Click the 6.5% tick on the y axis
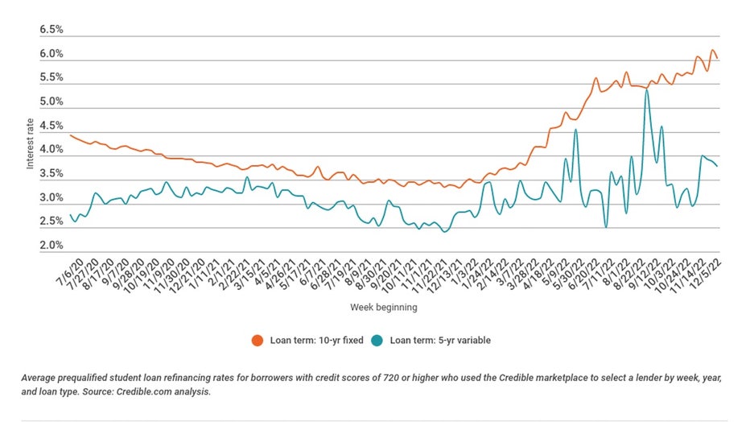[x=52, y=30]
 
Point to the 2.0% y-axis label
[x=52, y=246]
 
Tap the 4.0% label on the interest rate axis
[x=52, y=150]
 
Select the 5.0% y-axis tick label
[x=52, y=101]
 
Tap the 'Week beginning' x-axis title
[x=384, y=308]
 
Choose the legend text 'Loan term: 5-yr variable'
[x=439, y=340]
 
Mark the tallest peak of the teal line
[x=647, y=90]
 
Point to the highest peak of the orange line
[x=712, y=51]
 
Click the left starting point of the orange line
[x=70, y=135]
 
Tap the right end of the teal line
[x=718, y=166]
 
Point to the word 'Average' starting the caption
[x=39, y=377]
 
